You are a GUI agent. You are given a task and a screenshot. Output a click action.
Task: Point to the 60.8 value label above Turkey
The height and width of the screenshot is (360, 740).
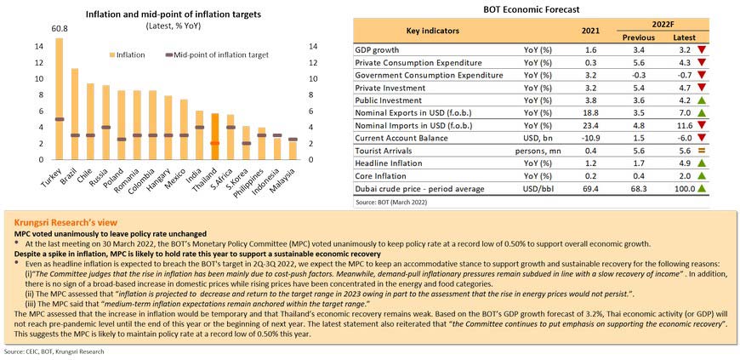(x=60, y=29)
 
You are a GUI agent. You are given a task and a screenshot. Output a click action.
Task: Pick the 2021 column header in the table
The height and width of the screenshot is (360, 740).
(x=590, y=31)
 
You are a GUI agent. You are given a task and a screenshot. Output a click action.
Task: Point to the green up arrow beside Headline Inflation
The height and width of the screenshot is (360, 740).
(x=701, y=162)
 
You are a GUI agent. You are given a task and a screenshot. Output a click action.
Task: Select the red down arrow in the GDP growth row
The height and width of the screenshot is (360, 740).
(x=701, y=50)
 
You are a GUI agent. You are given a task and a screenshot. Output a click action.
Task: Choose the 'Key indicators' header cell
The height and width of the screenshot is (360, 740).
(x=432, y=31)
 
